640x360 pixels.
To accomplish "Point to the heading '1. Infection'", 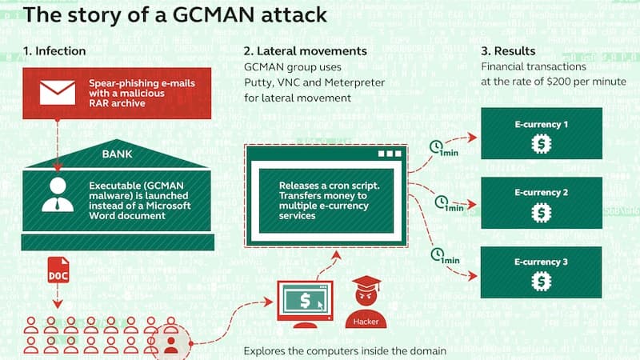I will coord(54,51).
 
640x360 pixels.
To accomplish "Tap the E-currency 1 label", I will coord(542,125).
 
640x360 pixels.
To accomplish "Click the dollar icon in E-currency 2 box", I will coord(542,213).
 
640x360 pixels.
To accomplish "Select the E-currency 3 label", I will coord(542,262).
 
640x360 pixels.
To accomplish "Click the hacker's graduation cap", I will coord(367,284).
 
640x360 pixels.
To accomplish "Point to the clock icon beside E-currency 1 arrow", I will coord(437,146).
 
